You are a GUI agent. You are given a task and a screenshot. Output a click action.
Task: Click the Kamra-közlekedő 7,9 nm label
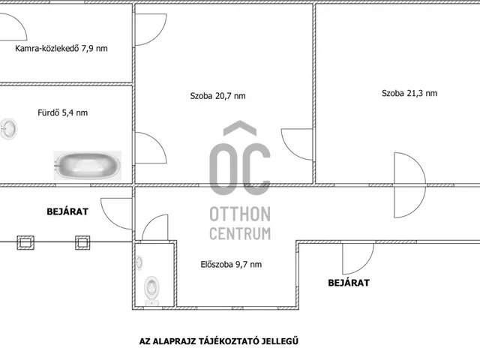coord(61,48)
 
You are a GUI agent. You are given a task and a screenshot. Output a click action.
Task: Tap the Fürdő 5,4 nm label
coord(63,112)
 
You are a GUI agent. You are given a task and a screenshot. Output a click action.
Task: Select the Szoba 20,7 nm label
coord(217,96)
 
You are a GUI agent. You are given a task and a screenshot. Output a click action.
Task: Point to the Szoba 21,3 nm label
coord(409,93)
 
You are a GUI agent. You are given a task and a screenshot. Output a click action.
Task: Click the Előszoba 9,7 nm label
coord(231,264)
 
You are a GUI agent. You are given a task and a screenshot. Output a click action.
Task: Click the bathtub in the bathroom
coord(88,165)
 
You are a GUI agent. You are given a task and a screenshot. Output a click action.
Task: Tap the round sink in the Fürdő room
coord(8,129)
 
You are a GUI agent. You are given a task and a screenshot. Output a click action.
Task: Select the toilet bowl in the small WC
coord(151,290)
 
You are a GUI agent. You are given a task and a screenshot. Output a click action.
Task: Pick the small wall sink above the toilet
coord(139,262)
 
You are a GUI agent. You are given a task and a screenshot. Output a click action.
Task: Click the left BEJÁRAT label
coord(67,211)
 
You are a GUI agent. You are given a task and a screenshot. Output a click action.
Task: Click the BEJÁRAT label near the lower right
coord(349,283)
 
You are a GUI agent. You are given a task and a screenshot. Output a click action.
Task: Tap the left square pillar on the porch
coord(25,242)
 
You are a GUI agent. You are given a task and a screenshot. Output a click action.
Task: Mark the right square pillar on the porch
coord(82,242)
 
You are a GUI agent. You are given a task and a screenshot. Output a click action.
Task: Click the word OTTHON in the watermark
coord(240,214)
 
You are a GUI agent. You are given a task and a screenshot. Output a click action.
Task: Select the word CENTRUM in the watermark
coord(240,233)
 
